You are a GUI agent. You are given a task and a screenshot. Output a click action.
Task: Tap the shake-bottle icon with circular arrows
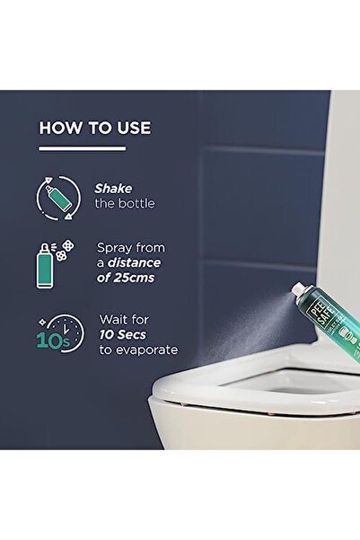(56, 197)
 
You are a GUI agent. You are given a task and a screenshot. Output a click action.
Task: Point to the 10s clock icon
(55, 332)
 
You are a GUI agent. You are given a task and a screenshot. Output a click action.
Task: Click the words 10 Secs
(120, 333)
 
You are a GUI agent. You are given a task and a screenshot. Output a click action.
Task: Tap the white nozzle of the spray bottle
(297, 314)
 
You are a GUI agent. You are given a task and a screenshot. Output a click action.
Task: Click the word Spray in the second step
(116, 245)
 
